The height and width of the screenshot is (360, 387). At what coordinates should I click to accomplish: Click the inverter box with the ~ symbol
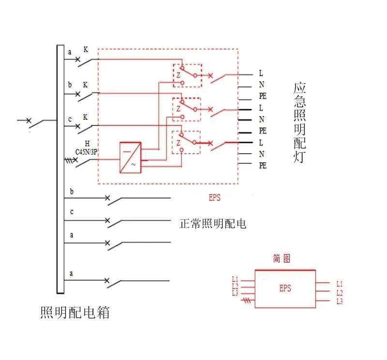[131, 157]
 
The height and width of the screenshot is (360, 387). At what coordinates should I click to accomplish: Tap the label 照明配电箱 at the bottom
[75, 313]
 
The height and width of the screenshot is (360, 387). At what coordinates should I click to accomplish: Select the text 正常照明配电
[213, 224]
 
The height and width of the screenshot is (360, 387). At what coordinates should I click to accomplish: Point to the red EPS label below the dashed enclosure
[214, 197]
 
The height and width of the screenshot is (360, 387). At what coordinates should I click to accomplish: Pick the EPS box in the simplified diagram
[285, 289]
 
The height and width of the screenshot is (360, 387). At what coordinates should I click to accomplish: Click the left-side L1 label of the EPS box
[235, 279]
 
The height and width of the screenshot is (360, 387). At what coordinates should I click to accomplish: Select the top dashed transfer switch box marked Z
[187, 75]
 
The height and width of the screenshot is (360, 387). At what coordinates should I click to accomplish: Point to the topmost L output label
[261, 73]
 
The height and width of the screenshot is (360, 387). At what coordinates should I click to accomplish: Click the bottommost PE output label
[263, 165]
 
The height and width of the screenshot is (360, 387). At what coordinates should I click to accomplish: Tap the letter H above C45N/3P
[87, 144]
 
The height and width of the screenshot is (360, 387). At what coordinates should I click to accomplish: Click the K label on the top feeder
[86, 50]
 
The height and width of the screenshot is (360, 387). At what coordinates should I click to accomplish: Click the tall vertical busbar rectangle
[60, 169]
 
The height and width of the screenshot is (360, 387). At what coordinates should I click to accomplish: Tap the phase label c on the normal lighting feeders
[72, 212]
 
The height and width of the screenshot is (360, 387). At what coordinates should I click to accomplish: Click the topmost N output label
[261, 85]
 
